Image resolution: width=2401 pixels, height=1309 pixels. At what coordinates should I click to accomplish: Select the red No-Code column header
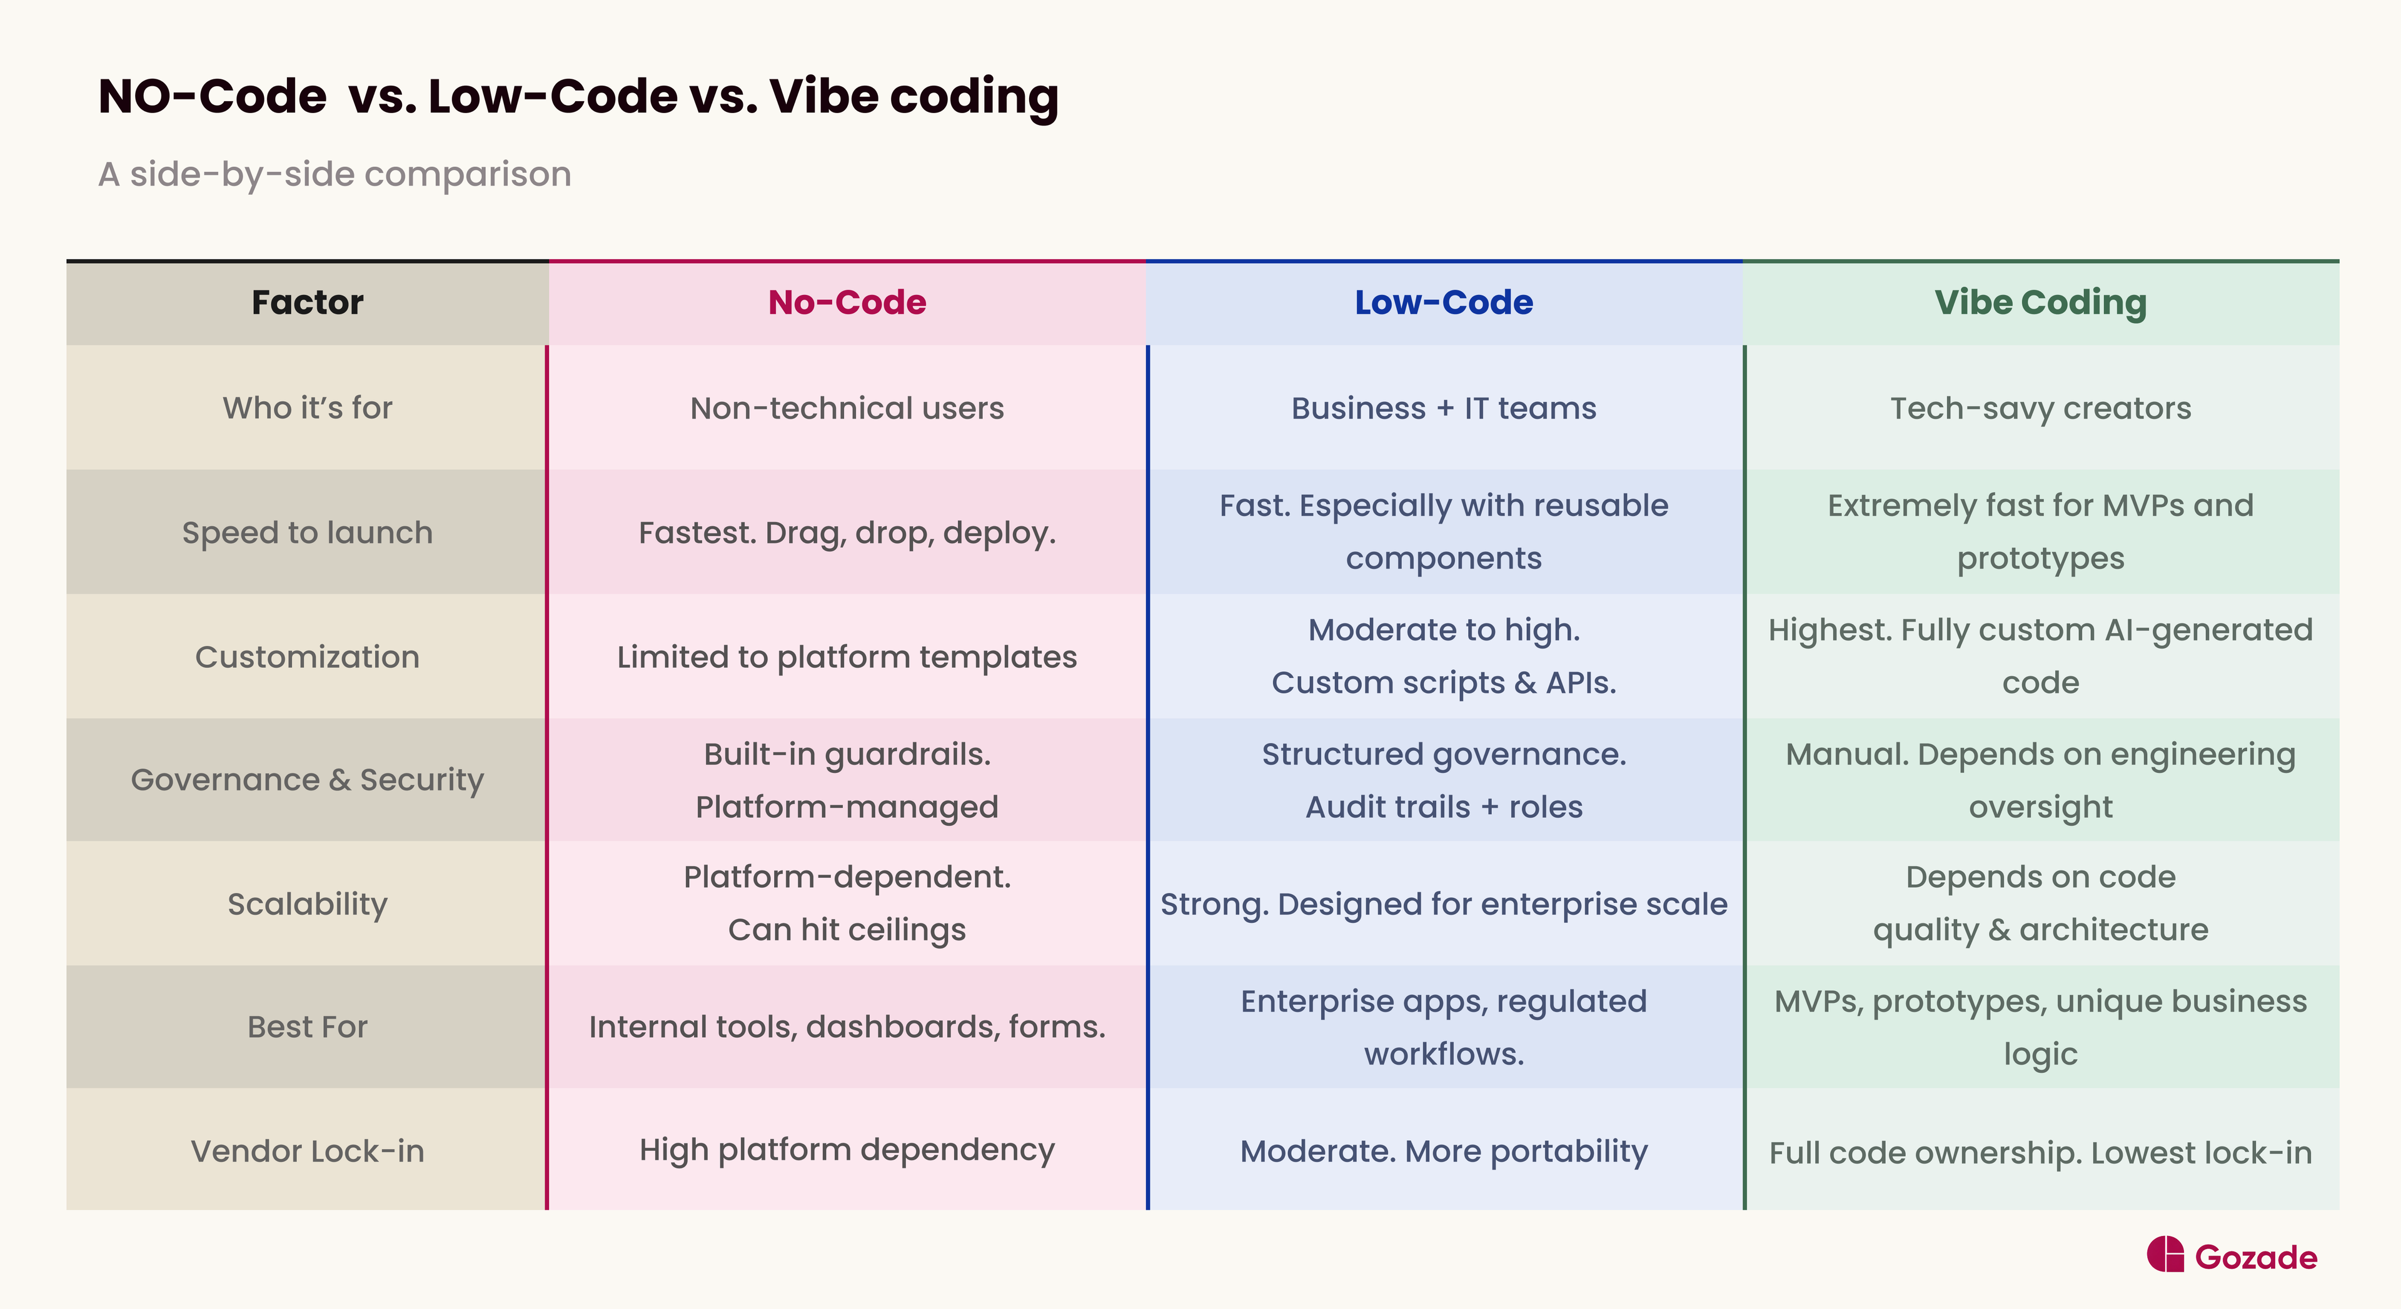[847, 303]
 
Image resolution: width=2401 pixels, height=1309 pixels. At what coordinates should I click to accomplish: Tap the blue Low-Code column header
[1443, 303]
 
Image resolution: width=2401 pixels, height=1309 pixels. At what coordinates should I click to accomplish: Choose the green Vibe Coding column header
[2040, 303]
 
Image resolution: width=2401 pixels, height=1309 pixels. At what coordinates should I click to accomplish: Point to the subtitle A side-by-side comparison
[335, 174]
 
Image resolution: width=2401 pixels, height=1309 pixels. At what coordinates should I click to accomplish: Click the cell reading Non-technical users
[847, 408]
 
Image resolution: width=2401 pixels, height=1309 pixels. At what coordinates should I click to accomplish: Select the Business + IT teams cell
[1443, 408]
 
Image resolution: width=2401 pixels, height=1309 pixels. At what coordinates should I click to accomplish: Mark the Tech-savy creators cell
[2040, 408]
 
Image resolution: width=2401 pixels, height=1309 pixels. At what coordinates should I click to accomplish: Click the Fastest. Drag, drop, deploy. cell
[847, 533]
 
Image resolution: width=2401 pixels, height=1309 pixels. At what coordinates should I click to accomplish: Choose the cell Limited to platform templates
[847, 657]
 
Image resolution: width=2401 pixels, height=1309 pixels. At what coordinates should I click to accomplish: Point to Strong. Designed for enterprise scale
[1443, 903]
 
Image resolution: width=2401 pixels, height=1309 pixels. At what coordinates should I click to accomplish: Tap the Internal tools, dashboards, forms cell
[847, 1027]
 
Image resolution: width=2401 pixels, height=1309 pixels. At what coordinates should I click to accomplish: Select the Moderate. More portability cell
[1443, 1152]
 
